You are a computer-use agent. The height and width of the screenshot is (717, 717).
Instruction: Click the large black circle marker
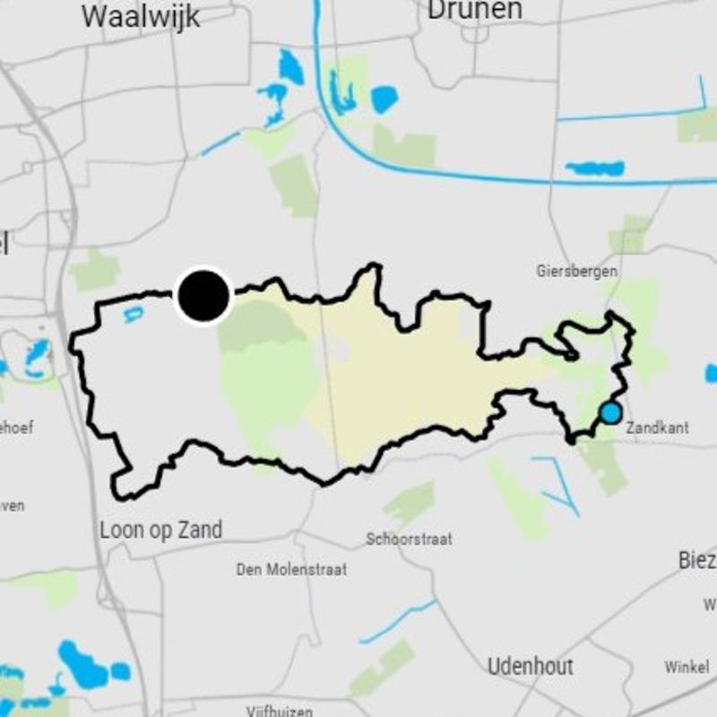click(204, 296)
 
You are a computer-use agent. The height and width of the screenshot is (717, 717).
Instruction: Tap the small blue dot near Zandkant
click(610, 413)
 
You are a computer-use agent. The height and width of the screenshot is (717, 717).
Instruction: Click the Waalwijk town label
click(141, 16)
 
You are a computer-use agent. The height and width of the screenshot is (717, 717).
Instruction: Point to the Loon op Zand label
click(160, 530)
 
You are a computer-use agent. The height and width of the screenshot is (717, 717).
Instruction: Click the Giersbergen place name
click(577, 271)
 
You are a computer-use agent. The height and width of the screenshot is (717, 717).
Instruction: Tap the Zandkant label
click(657, 428)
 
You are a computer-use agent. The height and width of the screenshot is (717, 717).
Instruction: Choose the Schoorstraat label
click(409, 540)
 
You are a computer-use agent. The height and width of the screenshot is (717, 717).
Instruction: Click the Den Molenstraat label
click(291, 569)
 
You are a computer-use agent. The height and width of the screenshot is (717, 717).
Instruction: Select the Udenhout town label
click(531, 666)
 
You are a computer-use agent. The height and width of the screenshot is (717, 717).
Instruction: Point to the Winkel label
click(687, 667)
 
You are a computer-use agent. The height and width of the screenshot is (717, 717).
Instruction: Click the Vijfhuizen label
click(280, 712)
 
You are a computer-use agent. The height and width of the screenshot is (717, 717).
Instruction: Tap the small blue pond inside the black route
click(133, 313)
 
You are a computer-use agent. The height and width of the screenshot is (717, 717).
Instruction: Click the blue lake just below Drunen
click(384, 99)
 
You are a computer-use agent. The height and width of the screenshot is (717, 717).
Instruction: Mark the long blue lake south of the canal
click(594, 168)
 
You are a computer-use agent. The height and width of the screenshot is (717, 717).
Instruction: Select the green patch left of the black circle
click(95, 270)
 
